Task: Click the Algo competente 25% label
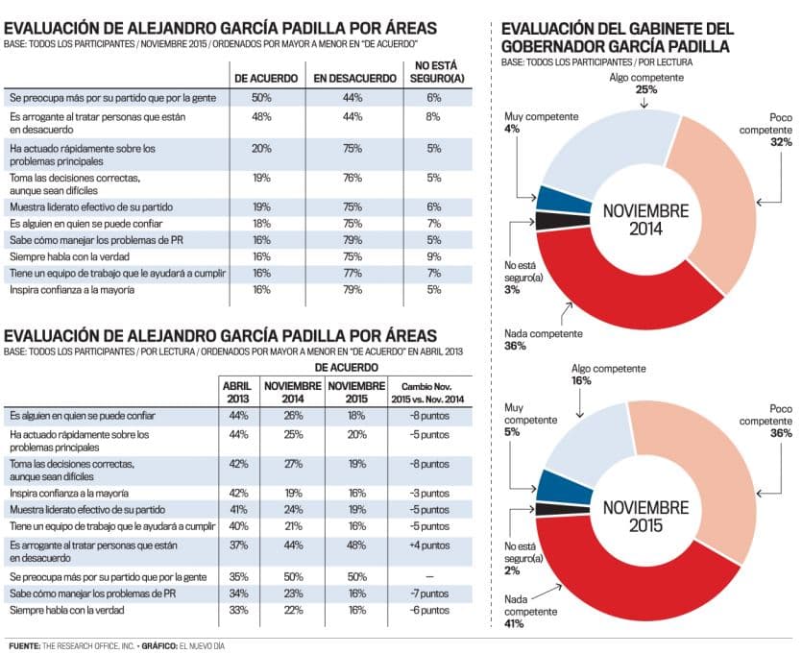(644, 83)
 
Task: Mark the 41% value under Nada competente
(514, 624)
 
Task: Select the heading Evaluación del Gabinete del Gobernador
(615, 37)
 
